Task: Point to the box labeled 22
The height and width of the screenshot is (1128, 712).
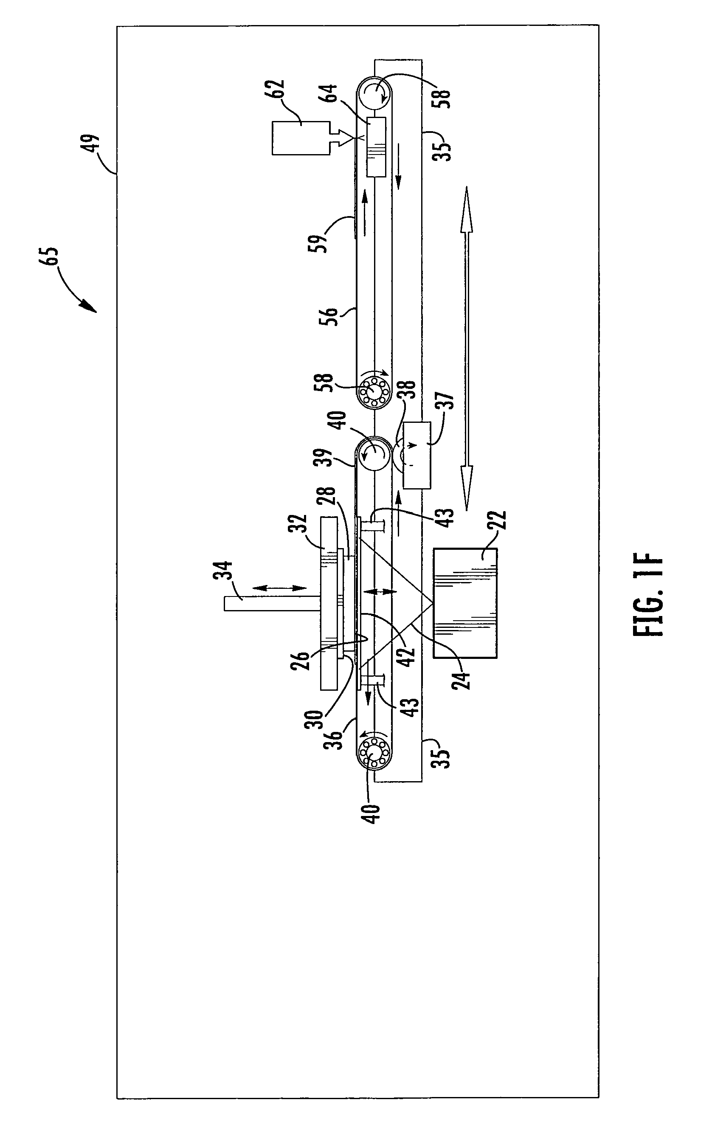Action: coord(465,603)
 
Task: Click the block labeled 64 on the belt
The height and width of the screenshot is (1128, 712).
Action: coord(376,147)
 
